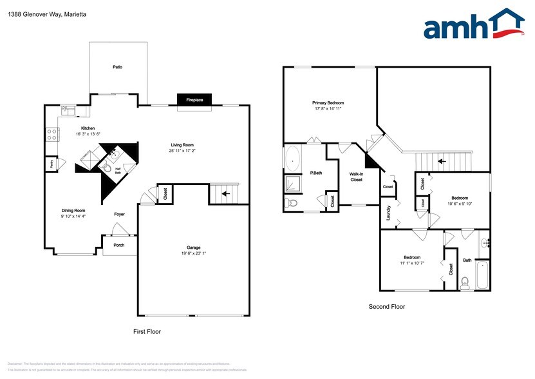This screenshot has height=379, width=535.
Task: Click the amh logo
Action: point(473,26)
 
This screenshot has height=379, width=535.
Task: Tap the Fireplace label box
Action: point(194,100)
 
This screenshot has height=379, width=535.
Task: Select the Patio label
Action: point(117,67)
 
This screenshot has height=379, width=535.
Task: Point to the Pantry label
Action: point(50,164)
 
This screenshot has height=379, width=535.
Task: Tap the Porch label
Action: point(118,245)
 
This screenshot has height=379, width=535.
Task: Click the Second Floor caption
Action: point(386,307)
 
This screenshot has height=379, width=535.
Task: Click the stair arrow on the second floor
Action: point(442,160)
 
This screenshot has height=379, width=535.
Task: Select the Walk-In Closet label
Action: point(356,177)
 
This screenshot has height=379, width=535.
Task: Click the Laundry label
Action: point(389,213)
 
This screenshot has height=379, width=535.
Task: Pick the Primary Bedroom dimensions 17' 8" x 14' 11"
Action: point(328,109)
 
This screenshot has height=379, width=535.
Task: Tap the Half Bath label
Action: point(118,171)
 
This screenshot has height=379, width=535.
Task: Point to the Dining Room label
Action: point(73,211)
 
